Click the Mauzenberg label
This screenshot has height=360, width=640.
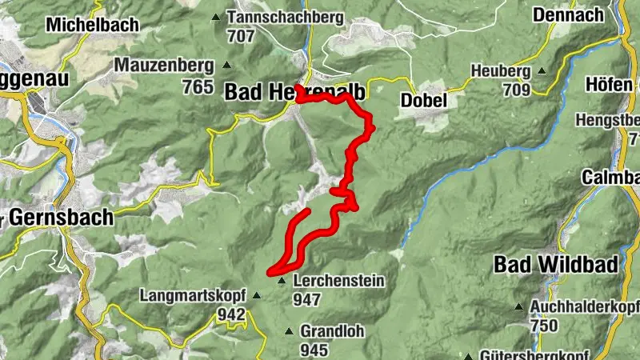tap(165, 65)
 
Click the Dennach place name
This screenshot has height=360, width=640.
tap(570, 15)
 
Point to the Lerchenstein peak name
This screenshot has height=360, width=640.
tap(339, 281)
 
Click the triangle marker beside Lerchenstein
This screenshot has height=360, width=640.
tap(282, 281)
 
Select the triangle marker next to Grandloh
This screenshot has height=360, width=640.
tap(289, 331)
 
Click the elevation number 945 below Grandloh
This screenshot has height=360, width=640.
tap(314, 350)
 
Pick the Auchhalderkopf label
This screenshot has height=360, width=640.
tap(583, 306)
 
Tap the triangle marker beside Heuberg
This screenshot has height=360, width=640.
tap(542, 71)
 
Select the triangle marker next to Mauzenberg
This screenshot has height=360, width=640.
tap(227, 66)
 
